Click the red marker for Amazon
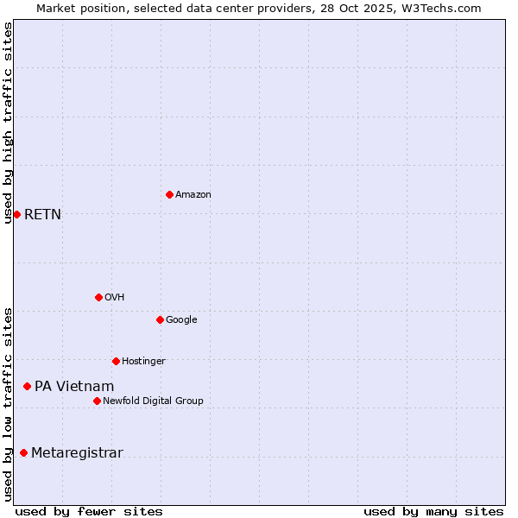click(x=169, y=194)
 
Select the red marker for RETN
click(x=16, y=214)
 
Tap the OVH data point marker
click(x=98, y=297)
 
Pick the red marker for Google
click(x=160, y=319)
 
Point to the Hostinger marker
click(x=116, y=361)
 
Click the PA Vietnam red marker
click(x=27, y=386)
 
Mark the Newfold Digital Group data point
click(x=97, y=401)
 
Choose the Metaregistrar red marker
click(x=23, y=452)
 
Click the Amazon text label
click(x=193, y=194)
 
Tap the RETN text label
click(x=43, y=214)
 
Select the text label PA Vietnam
click(x=74, y=386)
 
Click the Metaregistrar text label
click(x=77, y=452)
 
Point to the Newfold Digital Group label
click(x=153, y=401)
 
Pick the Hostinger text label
click(x=143, y=361)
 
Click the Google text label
click(x=181, y=319)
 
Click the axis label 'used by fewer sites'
click(x=89, y=511)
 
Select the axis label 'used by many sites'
click(x=433, y=511)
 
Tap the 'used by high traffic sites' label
click(x=9, y=123)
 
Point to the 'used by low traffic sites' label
click(x=9, y=404)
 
